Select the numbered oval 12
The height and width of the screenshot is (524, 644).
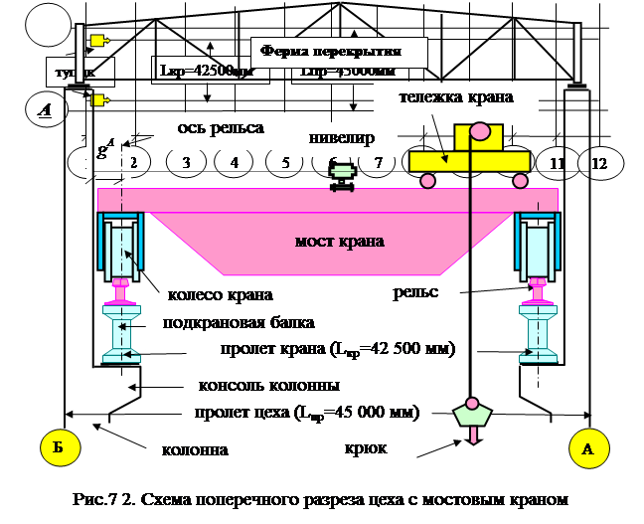pyautogui.click(x=598, y=161)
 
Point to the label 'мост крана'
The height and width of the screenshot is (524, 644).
pyautogui.click(x=339, y=242)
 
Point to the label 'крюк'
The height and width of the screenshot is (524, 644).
pyautogui.click(x=364, y=449)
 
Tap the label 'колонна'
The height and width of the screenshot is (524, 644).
pyautogui.click(x=195, y=449)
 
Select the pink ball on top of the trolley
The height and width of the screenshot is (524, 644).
pyautogui.click(x=479, y=130)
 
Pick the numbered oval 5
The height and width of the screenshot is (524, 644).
pyautogui.click(x=285, y=161)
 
